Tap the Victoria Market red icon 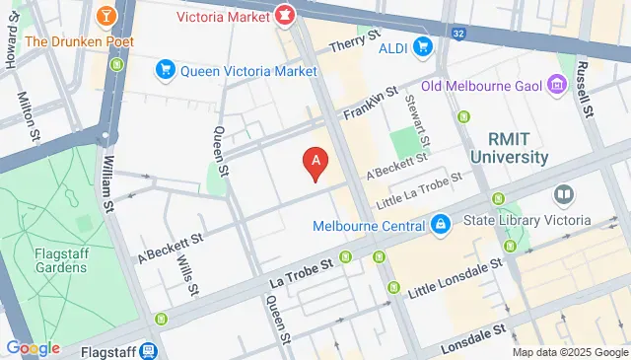[x=283, y=15]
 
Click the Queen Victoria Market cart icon [x=165, y=69]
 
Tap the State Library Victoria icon [x=563, y=196]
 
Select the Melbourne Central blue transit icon [x=439, y=226]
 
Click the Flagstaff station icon [x=148, y=350]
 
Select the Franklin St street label [x=370, y=103]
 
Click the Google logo [x=34, y=348]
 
